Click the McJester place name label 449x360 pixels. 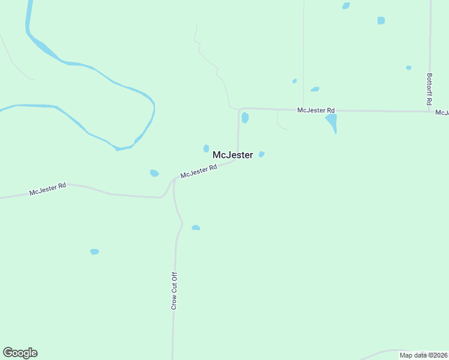[x=233, y=155]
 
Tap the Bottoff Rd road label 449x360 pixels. [x=429, y=89]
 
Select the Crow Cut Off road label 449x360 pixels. [x=174, y=291]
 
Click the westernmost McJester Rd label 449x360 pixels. [x=47, y=190]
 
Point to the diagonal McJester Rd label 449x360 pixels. [x=198, y=172]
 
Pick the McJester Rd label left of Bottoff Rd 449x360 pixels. [x=316, y=110]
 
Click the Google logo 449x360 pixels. [x=20, y=353]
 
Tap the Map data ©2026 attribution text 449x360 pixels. [x=423, y=355]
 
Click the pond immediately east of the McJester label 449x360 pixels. [x=261, y=154]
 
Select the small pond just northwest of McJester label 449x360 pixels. [x=206, y=148]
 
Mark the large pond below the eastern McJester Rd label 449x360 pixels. [x=331, y=123]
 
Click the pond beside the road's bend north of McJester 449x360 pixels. [x=245, y=118]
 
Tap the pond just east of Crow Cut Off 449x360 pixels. [x=196, y=228]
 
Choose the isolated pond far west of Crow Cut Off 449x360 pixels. [x=94, y=251]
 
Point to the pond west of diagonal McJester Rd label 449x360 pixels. [x=154, y=173]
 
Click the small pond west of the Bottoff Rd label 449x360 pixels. [x=408, y=68]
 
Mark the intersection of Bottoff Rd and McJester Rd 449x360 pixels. [x=430, y=111]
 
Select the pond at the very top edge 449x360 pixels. [x=346, y=5]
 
